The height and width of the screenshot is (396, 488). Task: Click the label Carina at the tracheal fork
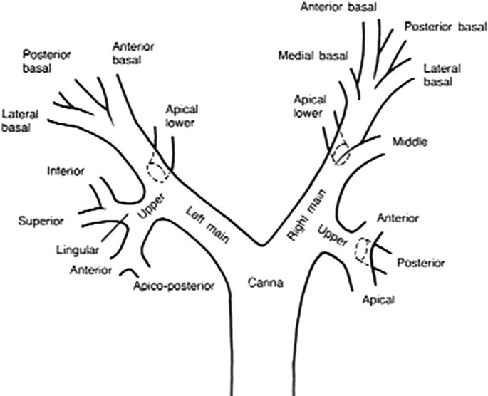tap(266, 283)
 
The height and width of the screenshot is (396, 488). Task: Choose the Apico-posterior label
tap(174, 286)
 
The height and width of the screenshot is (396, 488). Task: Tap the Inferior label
tap(66, 172)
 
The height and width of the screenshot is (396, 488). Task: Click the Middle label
tap(410, 142)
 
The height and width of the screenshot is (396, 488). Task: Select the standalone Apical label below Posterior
tap(378, 301)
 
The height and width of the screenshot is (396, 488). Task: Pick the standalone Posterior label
tap(420, 263)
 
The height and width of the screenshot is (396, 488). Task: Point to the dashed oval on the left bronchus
tap(157, 168)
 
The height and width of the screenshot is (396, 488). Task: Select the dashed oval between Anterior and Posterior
tap(365, 250)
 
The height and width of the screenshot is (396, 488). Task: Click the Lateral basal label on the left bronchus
tap(21, 121)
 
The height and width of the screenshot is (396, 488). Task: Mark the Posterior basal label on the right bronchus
tap(445, 28)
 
